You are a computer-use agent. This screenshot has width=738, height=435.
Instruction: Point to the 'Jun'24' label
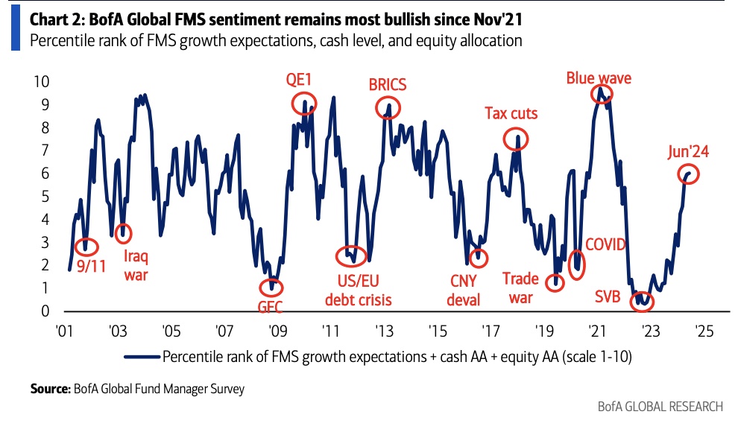(x=687, y=152)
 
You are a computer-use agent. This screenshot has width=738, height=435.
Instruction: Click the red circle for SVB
(x=641, y=302)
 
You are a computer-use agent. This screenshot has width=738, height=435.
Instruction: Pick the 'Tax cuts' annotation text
(x=511, y=113)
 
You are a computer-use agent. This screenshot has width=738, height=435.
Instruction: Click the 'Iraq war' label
(x=136, y=266)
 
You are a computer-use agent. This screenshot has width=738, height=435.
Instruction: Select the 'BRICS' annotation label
(x=388, y=84)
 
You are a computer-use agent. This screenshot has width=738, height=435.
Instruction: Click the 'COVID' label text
(x=605, y=245)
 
